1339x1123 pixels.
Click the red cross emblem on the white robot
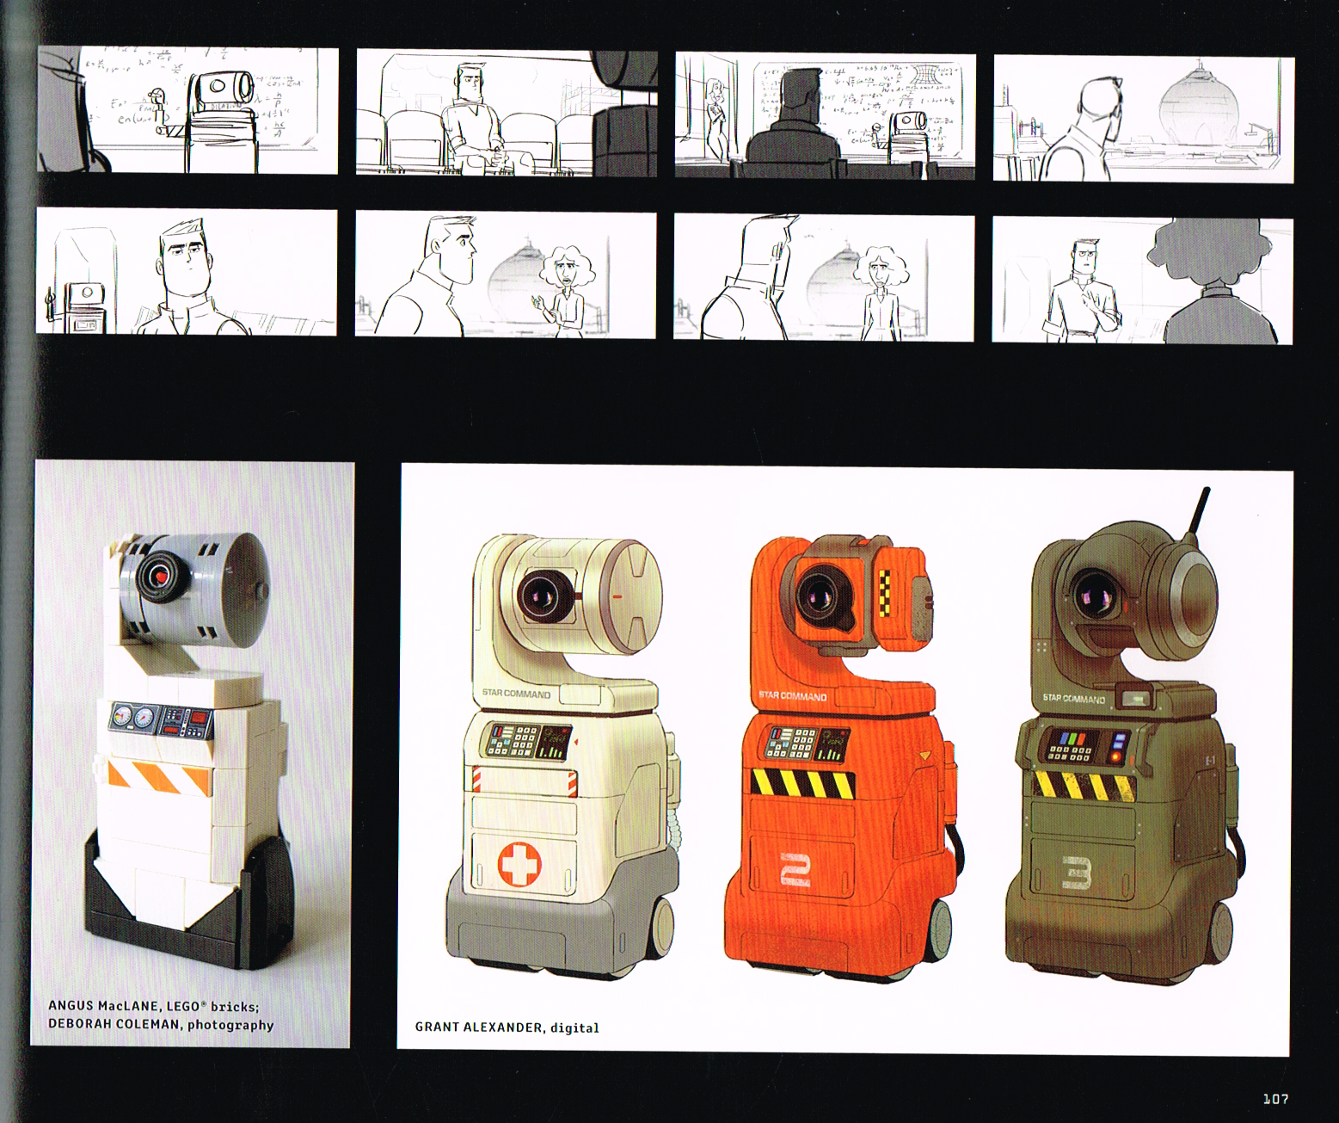click(x=520, y=863)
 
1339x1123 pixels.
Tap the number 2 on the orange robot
click(x=795, y=869)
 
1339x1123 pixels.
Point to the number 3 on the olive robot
click(x=1076, y=872)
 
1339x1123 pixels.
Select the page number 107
click(x=1275, y=1099)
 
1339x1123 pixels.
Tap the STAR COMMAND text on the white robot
click(x=516, y=693)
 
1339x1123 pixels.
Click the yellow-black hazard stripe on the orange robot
click(x=802, y=782)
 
